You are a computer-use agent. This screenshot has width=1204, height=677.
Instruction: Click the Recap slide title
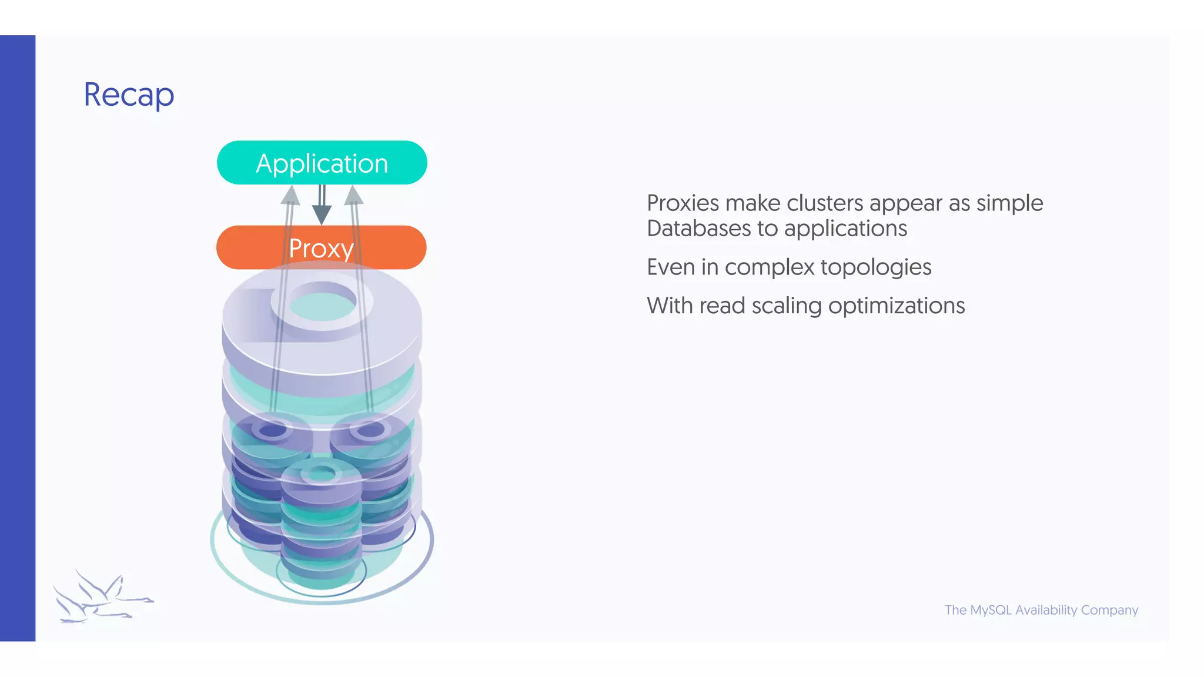129,95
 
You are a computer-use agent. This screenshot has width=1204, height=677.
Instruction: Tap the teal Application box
322,163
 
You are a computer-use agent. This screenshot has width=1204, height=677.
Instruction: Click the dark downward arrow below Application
322,212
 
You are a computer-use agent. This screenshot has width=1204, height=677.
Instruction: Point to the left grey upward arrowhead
290,196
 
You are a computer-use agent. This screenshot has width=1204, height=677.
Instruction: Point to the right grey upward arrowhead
353,196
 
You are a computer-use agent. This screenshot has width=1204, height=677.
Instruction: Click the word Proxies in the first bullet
683,203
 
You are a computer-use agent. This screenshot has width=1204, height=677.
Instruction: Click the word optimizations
896,306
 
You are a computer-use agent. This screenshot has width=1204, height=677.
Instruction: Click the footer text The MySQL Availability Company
1041,610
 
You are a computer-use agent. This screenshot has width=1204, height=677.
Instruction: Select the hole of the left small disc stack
272,430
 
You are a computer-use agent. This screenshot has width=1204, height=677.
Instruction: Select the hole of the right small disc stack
370,430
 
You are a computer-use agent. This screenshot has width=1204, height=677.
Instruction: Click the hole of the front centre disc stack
322,474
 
